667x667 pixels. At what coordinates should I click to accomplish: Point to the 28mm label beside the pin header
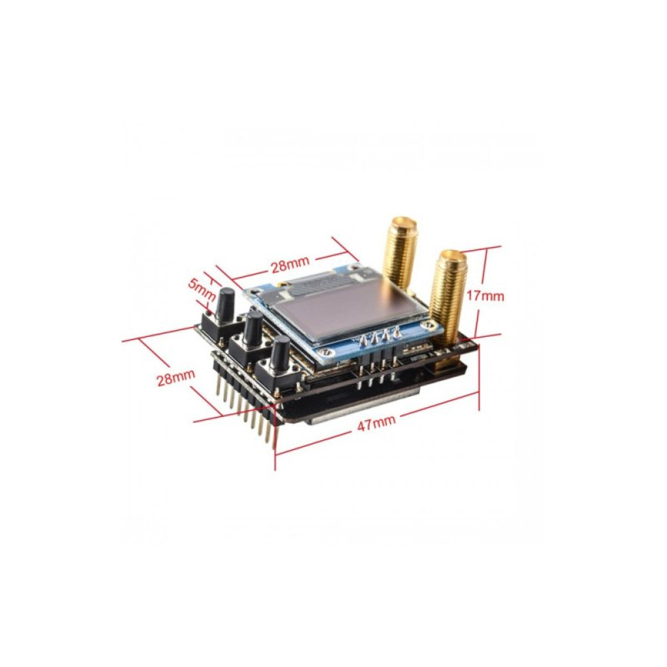pyautogui.click(x=175, y=380)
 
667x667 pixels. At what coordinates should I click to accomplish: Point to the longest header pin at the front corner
pyautogui.click(x=271, y=434)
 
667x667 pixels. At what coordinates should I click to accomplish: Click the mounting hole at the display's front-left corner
pyautogui.click(x=324, y=353)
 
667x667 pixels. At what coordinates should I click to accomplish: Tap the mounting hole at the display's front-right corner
pyautogui.click(x=434, y=325)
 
